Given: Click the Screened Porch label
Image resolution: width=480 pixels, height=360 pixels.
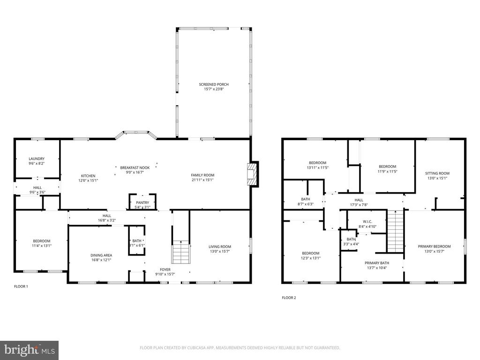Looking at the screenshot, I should pos(214,84).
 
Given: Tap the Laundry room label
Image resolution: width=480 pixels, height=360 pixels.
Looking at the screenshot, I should pos(36,159).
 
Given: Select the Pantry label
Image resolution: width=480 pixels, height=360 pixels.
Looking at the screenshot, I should pos(142,202).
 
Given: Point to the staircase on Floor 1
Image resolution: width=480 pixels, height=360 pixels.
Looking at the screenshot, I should pos(180,253).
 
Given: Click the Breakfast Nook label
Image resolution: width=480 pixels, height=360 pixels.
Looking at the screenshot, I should pos(135,168).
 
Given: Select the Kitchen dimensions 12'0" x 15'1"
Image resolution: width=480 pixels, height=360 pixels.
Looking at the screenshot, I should pos(88,180).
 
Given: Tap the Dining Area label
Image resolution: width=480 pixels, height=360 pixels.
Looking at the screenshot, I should pos(101,255).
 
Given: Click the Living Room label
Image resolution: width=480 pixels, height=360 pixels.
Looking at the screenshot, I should pos(220,247).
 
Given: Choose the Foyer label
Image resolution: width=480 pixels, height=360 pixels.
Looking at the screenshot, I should pos(165,270).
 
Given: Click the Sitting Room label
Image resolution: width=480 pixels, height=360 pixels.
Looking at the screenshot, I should pos(437,173).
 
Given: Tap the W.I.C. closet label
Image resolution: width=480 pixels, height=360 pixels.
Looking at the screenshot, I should pos(367,221).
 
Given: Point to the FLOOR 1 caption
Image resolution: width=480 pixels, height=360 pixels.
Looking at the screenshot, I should pos(21,286).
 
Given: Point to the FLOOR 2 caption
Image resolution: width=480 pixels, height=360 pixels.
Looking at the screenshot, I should pos(289,298).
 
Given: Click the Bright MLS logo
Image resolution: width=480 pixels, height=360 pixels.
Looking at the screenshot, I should pos(29,350).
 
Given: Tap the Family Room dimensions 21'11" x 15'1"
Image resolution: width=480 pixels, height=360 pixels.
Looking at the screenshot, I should pos(202,180).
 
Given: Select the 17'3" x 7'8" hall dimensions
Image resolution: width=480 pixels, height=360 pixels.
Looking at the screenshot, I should pos(359,204).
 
